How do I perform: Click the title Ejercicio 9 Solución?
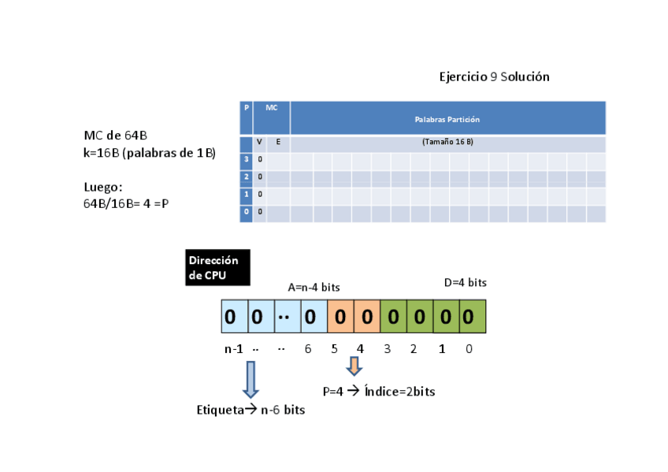click(494, 77)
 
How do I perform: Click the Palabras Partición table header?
click(447, 119)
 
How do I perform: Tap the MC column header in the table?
click(271, 106)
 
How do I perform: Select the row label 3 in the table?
click(246, 160)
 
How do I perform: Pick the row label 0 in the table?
click(246, 212)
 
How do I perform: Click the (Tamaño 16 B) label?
click(447, 142)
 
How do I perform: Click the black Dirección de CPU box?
click(217, 267)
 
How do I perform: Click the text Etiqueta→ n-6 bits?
click(250, 410)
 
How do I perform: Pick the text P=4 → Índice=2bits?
click(379, 391)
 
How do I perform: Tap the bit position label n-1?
click(233, 349)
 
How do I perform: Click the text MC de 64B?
click(116, 136)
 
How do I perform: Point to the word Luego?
click(103, 188)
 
